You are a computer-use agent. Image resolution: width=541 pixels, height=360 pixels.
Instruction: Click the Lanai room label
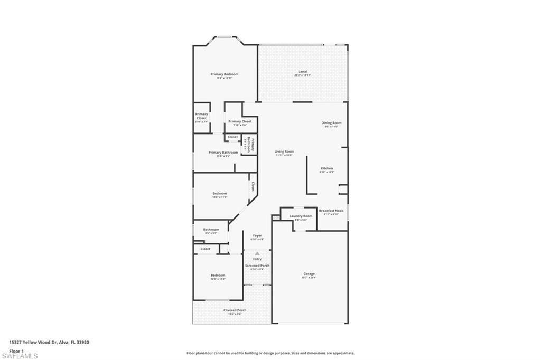coord(302,72)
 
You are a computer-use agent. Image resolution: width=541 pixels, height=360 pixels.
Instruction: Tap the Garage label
coord(309,274)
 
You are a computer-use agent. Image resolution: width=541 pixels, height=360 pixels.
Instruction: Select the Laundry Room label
coord(301,216)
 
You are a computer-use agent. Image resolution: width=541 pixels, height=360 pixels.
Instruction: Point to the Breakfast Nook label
coord(331,211)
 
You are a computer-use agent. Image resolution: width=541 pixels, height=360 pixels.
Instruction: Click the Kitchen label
coord(327,168)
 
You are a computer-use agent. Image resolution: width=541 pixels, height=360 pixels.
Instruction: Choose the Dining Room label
coord(332,123)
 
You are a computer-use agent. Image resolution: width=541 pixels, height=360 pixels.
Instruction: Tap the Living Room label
coord(284,152)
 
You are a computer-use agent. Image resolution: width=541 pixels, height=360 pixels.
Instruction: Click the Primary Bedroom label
coord(225,74)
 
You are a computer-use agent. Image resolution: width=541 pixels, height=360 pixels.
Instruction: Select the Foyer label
coord(257,235)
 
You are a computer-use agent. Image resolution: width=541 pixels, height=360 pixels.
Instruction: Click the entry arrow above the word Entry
coord(257,254)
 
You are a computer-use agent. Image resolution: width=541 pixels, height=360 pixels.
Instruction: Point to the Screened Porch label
coord(257,266)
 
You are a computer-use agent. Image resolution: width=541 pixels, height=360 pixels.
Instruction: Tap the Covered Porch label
coord(235,310)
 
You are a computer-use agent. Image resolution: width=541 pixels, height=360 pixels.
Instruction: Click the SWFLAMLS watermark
coord(20,356)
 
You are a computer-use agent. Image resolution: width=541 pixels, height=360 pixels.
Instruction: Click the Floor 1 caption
coord(16,350)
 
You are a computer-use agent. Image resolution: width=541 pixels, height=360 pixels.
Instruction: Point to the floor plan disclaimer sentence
coord(270,353)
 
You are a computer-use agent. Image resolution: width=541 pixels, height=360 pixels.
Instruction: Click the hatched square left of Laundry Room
coord(275,217)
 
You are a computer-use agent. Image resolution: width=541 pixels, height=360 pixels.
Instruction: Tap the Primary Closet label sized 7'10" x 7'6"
coord(240,121)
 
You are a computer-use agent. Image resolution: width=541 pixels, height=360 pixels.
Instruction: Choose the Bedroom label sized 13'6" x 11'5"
coord(220,194)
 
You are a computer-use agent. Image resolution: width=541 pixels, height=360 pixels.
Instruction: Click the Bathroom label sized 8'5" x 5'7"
coord(211,230)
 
